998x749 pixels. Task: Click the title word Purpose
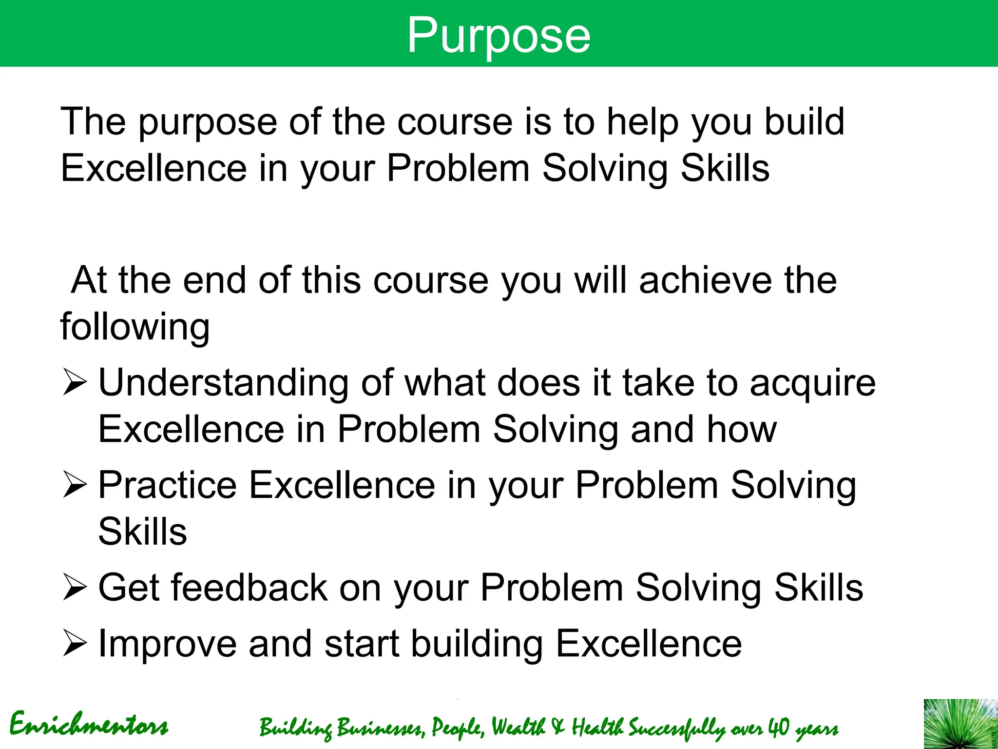click(x=499, y=35)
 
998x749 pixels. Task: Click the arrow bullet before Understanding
click(x=75, y=383)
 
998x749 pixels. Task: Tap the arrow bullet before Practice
click(x=75, y=485)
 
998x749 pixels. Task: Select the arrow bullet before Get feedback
click(x=75, y=588)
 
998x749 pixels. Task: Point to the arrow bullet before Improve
click(x=75, y=644)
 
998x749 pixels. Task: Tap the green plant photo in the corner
click(x=960, y=724)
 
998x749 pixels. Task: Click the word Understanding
click(x=223, y=383)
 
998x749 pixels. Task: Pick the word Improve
click(x=167, y=644)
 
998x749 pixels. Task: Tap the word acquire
click(x=812, y=383)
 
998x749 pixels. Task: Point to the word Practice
click(x=167, y=485)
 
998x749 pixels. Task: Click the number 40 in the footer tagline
click(x=778, y=727)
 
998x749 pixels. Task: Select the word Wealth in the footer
click(x=518, y=727)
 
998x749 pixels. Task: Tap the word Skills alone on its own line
click(x=142, y=532)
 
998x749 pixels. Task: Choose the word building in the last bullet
click(x=477, y=644)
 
